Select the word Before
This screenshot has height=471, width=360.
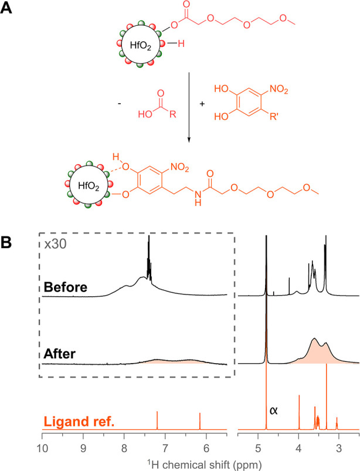65,287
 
